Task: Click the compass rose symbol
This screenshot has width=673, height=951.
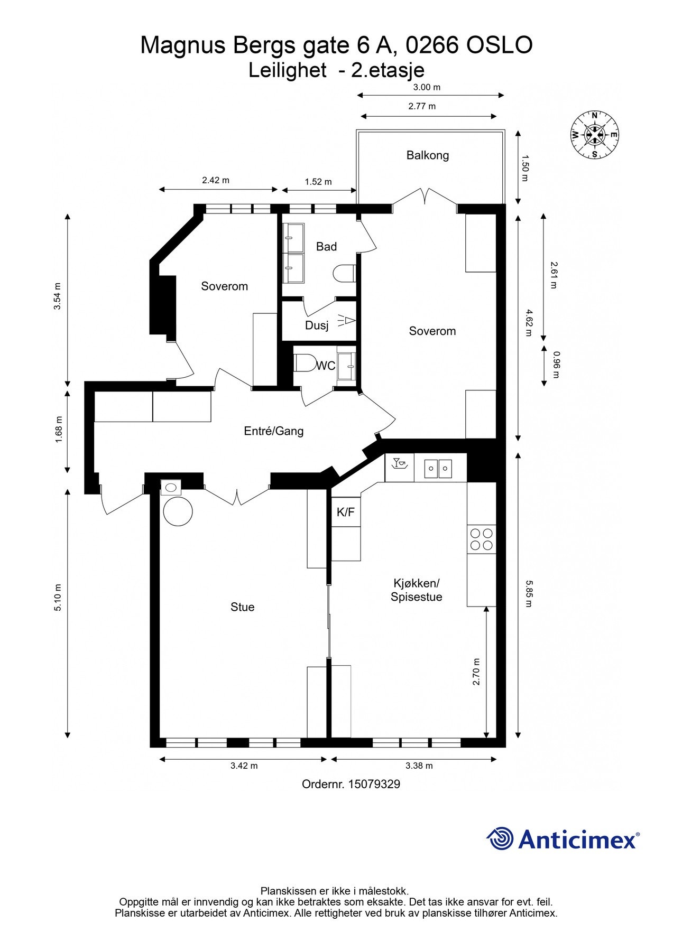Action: tap(595, 135)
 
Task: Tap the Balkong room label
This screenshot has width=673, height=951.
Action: tap(428, 155)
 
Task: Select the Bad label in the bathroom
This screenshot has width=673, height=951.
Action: tap(326, 247)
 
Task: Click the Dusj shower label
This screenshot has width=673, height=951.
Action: tap(317, 325)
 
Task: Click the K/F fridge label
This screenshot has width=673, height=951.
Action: tap(346, 512)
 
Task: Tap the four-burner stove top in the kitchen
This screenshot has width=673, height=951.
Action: tap(482, 539)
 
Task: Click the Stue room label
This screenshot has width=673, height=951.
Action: tap(242, 608)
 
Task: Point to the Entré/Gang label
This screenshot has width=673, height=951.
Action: tap(274, 431)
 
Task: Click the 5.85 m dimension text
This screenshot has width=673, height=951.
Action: tap(529, 593)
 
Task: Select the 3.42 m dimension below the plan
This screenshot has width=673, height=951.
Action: tap(244, 766)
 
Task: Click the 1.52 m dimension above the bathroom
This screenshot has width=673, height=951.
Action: tap(318, 182)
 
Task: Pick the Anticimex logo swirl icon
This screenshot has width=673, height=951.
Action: tap(500, 838)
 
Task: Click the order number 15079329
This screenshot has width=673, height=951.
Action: tap(374, 785)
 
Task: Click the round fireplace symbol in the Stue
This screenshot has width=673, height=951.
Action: tap(178, 511)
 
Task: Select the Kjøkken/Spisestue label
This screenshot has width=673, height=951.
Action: tap(417, 590)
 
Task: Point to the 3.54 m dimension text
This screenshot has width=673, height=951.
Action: tap(58, 297)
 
